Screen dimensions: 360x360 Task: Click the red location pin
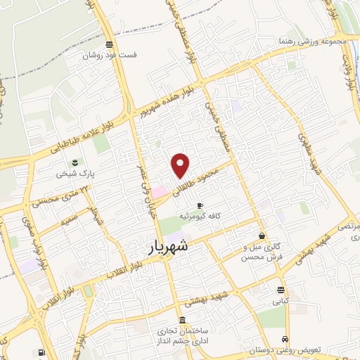[181, 165]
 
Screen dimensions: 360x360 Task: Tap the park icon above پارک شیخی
[75, 162]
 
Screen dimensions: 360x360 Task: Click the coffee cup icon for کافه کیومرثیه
[200, 206]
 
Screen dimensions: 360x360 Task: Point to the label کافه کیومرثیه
[200, 217]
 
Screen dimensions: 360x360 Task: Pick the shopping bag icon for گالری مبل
[262, 236]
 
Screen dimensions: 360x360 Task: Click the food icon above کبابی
[281, 290]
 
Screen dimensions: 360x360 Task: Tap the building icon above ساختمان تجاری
[182, 321]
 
